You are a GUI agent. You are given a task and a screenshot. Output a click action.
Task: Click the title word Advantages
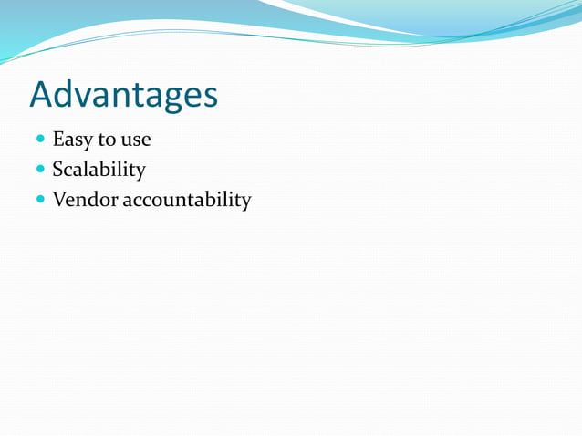(123, 95)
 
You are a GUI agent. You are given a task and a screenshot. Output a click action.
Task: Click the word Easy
(71, 140)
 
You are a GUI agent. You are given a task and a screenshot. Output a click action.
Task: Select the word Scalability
(99, 171)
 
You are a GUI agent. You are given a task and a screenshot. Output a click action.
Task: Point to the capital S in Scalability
(57, 170)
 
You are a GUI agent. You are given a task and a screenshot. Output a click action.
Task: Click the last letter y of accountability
(245, 202)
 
